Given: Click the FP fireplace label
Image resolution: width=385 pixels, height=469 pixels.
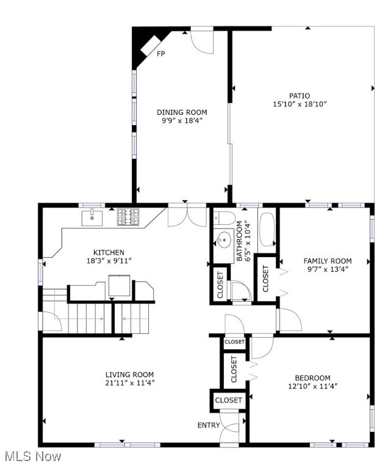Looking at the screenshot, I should pyautogui.click(x=161, y=54).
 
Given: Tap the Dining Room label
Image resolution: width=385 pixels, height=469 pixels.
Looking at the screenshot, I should pyautogui.click(x=182, y=112).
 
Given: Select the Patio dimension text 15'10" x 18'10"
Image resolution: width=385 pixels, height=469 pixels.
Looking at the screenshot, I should pyautogui.click(x=300, y=104).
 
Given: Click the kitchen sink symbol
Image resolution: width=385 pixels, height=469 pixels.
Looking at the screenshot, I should pyautogui.click(x=92, y=216).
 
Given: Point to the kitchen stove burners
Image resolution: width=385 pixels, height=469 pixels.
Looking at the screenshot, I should pyautogui.click(x=128, y=217).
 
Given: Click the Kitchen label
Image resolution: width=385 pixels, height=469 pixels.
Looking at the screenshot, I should pyautogui.click(x=109, y=252).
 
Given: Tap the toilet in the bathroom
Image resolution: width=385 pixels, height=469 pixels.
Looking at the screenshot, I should pyautogui.click(x=224, y=218).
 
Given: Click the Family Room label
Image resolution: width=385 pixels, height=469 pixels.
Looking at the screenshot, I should pyautogui.click(x=328, y=261).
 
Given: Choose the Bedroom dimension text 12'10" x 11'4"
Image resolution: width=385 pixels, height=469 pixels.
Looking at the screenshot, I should pyautogui.click(x=312, y=386).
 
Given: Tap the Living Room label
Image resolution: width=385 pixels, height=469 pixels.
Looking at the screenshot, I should pyautogui.click(x=129, y=374).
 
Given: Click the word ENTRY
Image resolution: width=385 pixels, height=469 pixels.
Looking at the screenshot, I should pyautogui.click(x=209, y=425).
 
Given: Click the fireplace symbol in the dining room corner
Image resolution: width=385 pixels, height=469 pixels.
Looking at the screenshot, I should pyautogui.click(x=146, y=45).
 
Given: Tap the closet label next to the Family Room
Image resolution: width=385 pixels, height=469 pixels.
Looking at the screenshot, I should pyautogui.click(x=265, y=278).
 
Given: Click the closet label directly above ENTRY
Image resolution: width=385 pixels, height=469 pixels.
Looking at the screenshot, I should pyautogui.click(x=228, y=400).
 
